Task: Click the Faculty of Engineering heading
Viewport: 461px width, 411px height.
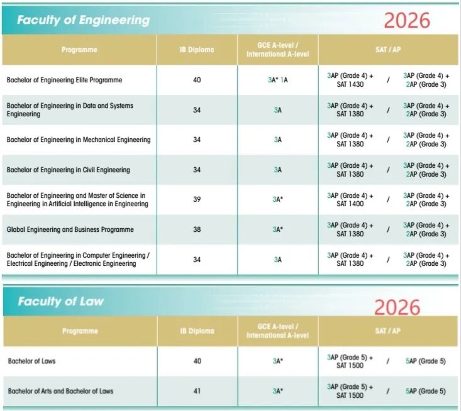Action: [x=83, y=19]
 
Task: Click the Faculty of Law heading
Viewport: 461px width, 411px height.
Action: [x=60, y=301]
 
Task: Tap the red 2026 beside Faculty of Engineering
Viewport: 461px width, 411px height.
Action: [x=407, y=20]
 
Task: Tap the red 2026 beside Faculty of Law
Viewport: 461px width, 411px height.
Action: [x=396, y=307]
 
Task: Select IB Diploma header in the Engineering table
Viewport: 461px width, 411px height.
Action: [x=197, y=50]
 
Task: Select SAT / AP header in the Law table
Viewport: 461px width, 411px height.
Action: [x=387, y=331]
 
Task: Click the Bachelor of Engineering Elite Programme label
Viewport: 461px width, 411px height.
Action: [x=64, y=80]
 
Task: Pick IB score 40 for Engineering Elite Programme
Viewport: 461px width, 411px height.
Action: [x=197, y=80]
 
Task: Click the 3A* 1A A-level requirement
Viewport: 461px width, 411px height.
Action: [x=277, y=80]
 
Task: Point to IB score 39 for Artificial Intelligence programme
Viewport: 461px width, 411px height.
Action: [x=197, y=200]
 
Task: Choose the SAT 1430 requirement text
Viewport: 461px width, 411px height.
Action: [x=350, y=85]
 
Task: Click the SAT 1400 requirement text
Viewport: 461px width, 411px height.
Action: [x=350, y=204]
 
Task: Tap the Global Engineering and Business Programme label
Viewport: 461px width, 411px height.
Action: [x=70, y=230]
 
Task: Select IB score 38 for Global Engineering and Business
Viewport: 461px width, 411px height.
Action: [x=197, y=230]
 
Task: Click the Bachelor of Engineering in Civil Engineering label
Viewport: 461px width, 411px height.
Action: [x=68, y=170]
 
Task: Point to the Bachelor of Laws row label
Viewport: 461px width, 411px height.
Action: [x=31, y=361]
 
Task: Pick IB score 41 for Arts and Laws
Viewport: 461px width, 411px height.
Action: [x=197, y=391]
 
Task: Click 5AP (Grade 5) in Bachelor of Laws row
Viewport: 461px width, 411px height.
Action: [x=426, y=361]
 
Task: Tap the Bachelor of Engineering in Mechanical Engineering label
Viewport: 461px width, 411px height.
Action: [x=79, y=140]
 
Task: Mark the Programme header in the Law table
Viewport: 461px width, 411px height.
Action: [x=80, y=331]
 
